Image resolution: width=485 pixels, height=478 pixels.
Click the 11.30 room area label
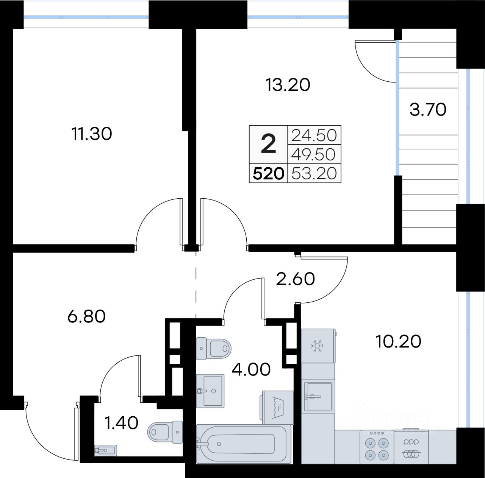click(x=92, y=134)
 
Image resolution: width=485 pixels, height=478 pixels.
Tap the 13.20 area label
click(x=288, y=85)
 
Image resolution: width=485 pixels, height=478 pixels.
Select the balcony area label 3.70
click(x=428, y=110)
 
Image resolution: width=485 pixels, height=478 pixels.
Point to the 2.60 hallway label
click(x=295, y=279)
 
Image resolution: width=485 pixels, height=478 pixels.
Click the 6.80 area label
click(x=86, y=316)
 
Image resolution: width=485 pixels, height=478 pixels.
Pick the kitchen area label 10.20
click(x=398, y=341)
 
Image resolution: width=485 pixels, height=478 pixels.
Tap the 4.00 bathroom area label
click(x=251, y=370)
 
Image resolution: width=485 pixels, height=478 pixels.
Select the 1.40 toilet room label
click(x=121, y=423)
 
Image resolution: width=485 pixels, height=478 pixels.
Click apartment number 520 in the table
click(x=268, y=173)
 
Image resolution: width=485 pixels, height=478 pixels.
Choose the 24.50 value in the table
click(x=314, y=135)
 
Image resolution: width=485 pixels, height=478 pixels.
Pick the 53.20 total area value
click(x=314, y=173)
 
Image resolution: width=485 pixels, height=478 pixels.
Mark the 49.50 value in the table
click(x=313, y=154)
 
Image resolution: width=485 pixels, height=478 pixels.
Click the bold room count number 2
click(x=268, y=143)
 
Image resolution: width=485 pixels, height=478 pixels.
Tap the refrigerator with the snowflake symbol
click(x=318, y=346)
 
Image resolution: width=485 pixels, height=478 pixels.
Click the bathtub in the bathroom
click(x=243, y=444)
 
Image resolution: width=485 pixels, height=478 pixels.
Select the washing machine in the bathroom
click(x=277, y=407)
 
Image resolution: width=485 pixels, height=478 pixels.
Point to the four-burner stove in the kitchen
click(x=377, y=447)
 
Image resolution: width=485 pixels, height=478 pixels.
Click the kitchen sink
click(x=318, y=397)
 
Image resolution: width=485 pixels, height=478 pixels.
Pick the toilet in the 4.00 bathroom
click(x=213, y=349)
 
